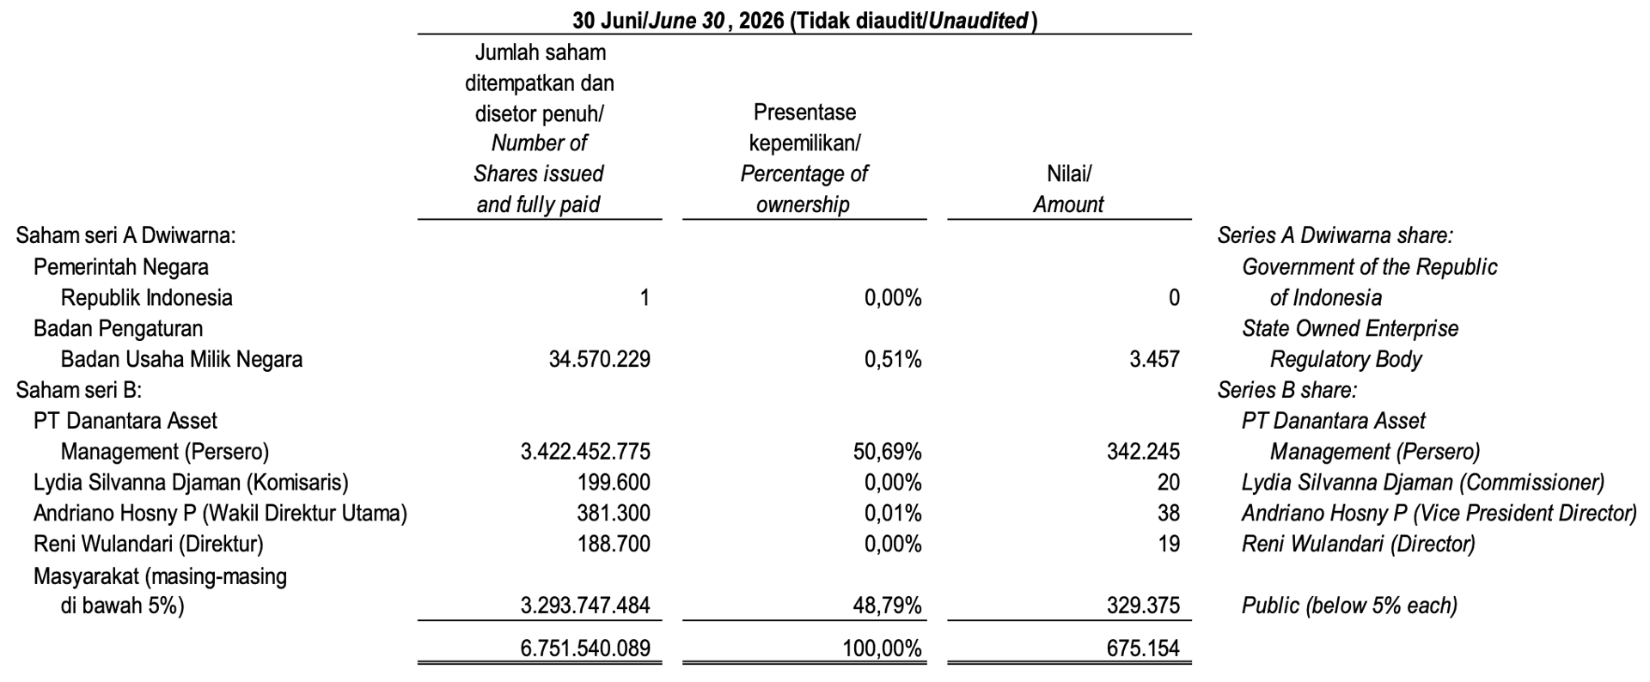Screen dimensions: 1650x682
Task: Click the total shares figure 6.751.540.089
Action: click(x=585, y=649)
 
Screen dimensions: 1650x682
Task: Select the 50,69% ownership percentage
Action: click(x=893, y=452)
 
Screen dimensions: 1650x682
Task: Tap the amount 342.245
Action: click(x=1143, y=452)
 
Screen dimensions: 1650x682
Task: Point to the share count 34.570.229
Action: click(x=600, y=359)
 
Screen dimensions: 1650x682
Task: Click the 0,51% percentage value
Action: click(x=893, y=359)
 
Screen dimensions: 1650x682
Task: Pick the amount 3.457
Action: click(x=1154, y=359)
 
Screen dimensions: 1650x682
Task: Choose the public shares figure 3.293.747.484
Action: click(x=585, y=606)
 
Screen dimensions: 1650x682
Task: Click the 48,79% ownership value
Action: click(x=893, y=606)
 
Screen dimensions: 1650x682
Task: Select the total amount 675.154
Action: click(x=1143, y=649)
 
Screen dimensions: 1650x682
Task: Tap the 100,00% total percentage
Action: click(x=882, y=649)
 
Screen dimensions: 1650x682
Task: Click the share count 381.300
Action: click(x=614, y=514)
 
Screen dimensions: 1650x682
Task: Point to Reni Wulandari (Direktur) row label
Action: click(x=149, y=545)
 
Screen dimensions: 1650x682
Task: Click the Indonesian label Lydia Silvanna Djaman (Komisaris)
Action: click(x=191, y=483)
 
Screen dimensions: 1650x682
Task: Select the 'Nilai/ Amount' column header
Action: click(x=1068, y=189)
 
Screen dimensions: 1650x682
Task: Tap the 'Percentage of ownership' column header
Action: click(x=804, y=189)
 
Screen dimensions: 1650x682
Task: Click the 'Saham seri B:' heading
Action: click(x=79, y=390)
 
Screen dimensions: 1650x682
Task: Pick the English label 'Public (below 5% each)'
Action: click(x=1349, y=606)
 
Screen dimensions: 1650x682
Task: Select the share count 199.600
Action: click(x=614, y=483)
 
